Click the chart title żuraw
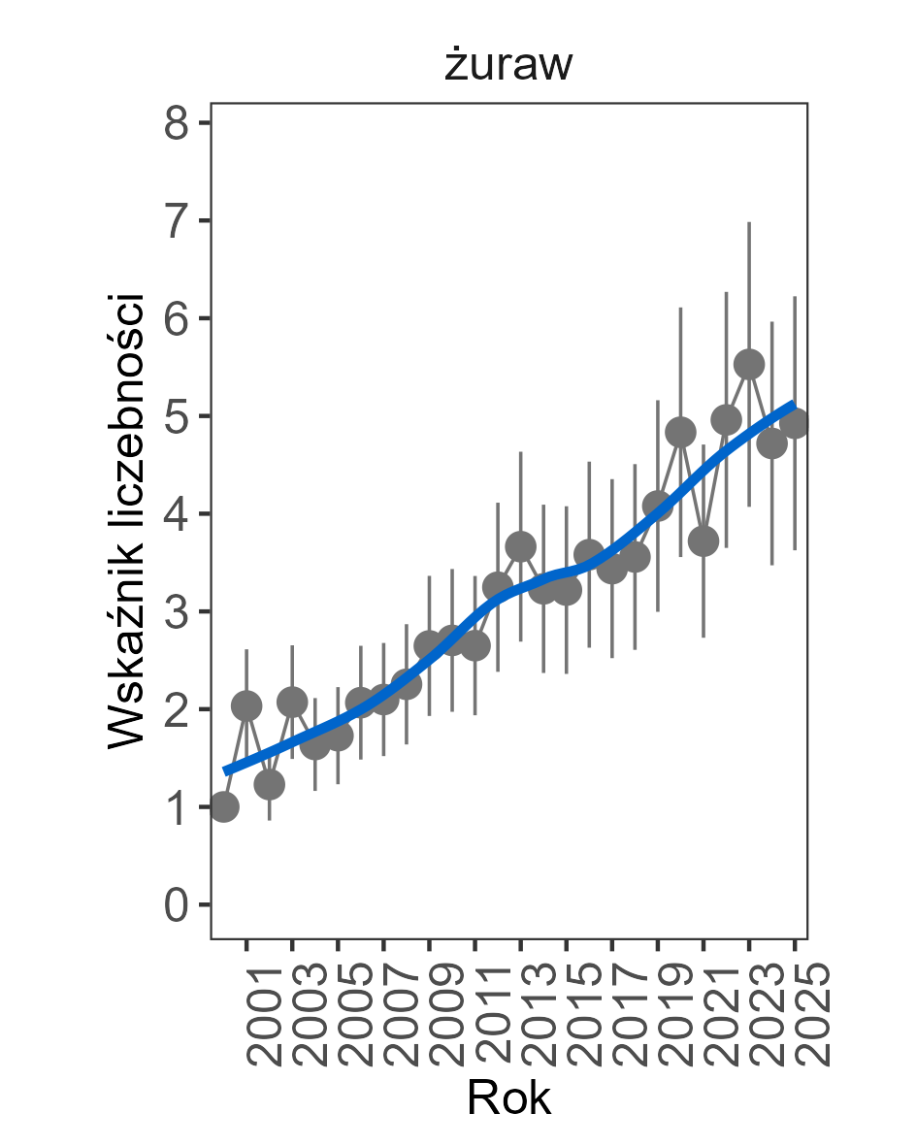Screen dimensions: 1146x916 click(508, 66)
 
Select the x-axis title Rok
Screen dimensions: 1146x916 click(508, 1098)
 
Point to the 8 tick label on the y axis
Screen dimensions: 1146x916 click(177, 123)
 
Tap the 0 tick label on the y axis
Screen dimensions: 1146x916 click(177, 905)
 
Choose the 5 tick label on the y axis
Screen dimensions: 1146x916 click(177, 416)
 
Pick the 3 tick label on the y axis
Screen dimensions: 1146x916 click(177, 612)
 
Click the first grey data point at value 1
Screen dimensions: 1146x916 click(224, 806)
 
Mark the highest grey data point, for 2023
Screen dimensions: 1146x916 click(749, 364)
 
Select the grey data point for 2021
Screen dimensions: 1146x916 click(703, 540)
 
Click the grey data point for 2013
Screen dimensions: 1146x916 click(521, 545)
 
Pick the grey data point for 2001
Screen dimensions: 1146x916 click(246, 705)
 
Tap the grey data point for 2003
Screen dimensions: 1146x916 click(292, 702)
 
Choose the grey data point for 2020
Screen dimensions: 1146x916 click(680, 432)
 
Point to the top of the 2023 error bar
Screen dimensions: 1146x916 click(749, 223)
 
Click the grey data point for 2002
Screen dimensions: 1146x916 click(270, 784)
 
